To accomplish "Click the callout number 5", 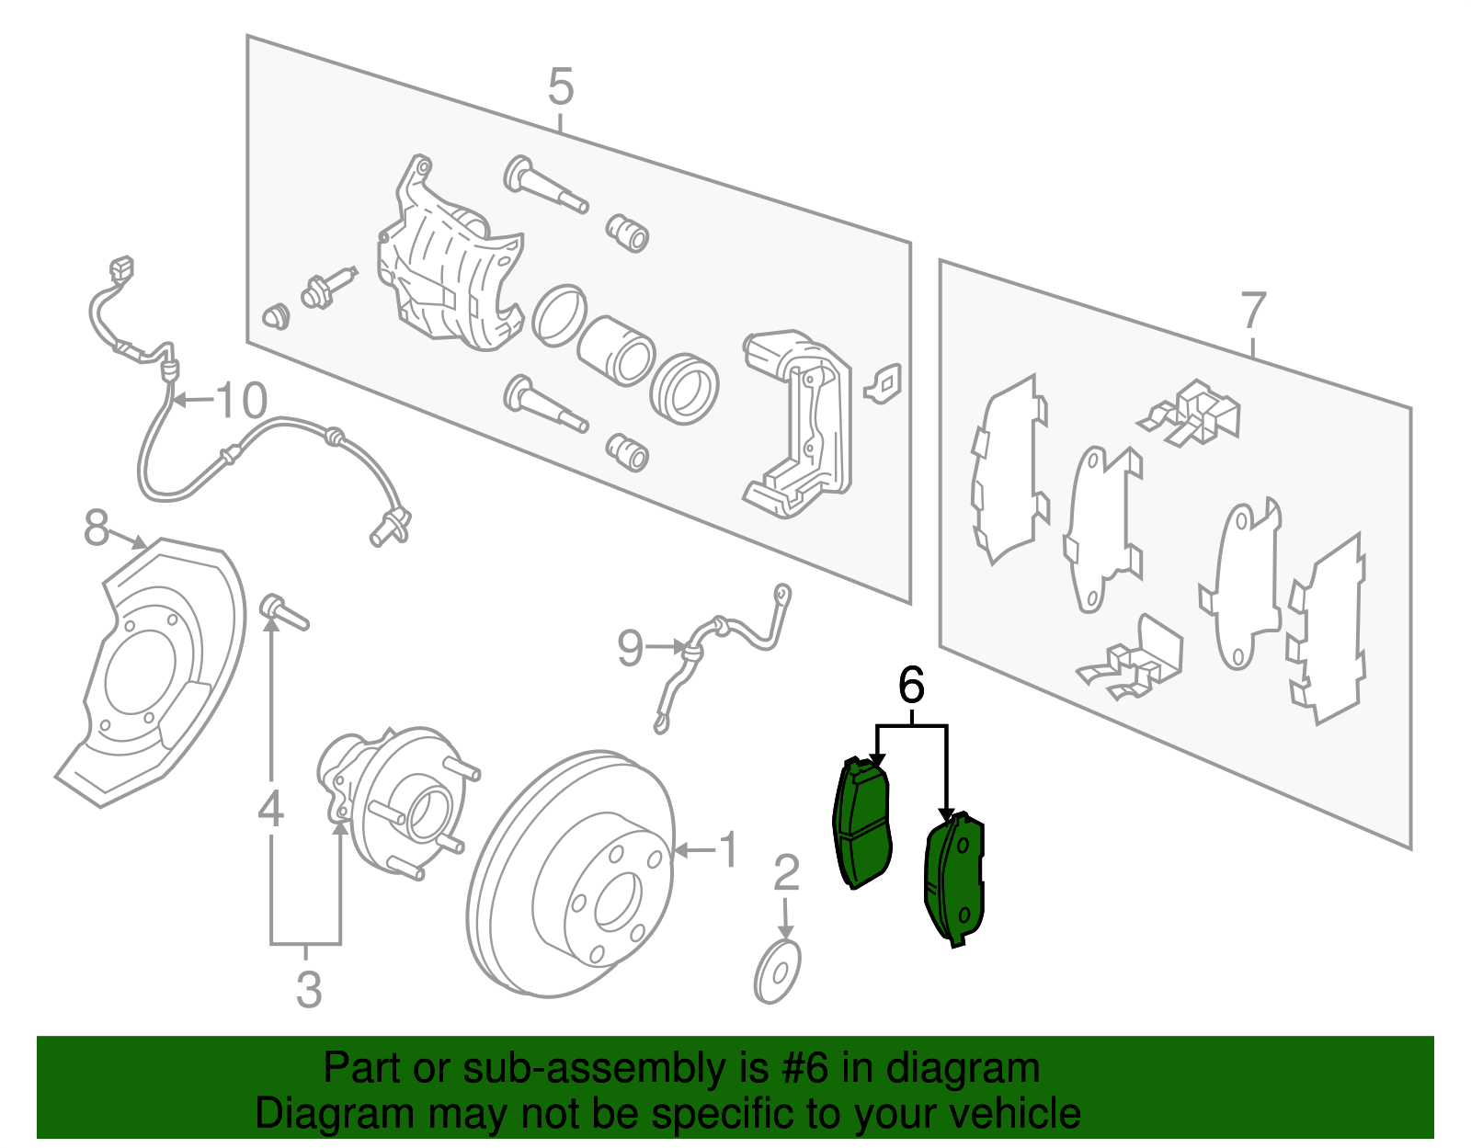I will click(x=560, y=88).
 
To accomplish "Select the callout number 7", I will click(x=1253, y=312).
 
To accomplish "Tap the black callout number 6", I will click(x=910, y=686).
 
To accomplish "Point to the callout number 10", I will click(x=241, y=401).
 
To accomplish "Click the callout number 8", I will click(x=96, y=529).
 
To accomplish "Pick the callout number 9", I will click(x=630, y=648).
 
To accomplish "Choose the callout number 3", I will click(x=309, y=990).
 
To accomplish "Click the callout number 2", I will click(x=786, y=873).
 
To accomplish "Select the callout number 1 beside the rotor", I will click(x=727, y=850).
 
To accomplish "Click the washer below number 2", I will click(x=777, y=972).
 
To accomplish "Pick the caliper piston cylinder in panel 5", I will click(x=615, y=350).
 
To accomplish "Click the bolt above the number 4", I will click(x=282, y=611).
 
